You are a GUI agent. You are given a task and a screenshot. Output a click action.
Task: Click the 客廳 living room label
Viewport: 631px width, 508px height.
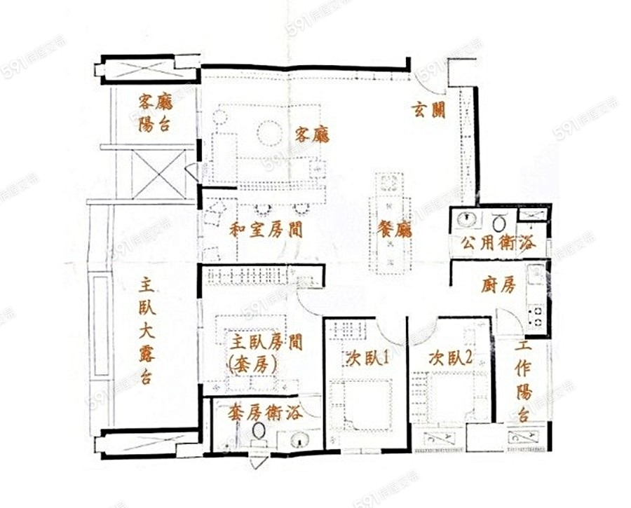click(312, 135)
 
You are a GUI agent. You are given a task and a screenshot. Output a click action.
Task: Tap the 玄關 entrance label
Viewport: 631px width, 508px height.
click(429, 109)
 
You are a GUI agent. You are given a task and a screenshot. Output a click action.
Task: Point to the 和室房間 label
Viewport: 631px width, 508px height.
click(266, 230)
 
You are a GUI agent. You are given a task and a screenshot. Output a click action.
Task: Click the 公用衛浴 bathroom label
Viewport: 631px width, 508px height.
click(498, 242)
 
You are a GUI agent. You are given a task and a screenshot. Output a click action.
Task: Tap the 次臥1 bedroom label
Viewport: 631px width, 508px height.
click(367, 357)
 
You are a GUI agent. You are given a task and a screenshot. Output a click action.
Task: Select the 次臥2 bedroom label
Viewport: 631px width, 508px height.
click(450, 357)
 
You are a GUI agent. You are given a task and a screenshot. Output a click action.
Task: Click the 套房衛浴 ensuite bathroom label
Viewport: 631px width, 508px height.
click(265, 413)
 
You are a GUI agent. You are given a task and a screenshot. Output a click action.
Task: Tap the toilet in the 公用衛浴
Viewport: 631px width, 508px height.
click(499, 222)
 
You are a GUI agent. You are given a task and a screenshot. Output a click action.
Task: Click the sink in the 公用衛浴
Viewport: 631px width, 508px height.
click(467, 220)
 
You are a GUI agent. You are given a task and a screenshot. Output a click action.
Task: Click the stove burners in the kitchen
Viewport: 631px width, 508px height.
click(536, 315)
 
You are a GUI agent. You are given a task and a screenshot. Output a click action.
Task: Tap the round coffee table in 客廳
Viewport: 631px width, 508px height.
click(271, 132)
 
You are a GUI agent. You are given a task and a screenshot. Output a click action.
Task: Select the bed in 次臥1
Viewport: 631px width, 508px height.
click(361, 406)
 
